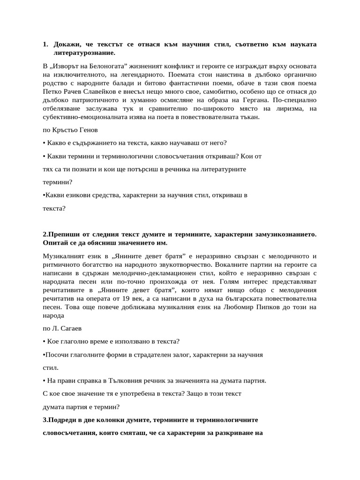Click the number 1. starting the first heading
click(45, 45)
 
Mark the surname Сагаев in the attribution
click(75, 329)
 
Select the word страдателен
click(151, 355)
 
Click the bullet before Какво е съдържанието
click(44, 143)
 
